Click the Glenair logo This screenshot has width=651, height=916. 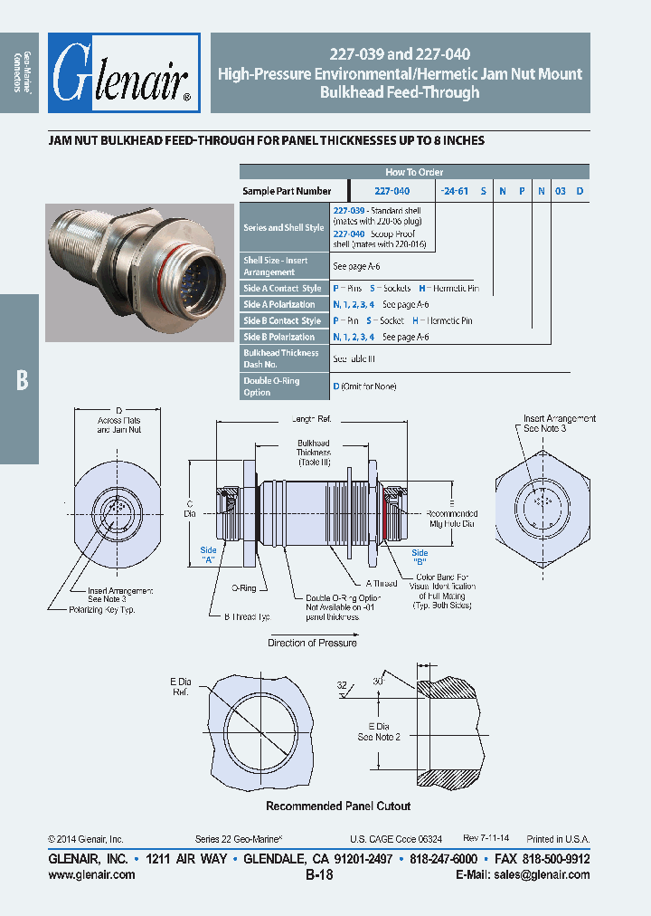(124, 73)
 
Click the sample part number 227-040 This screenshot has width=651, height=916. (392, 191)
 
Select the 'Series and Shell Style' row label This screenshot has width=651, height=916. (283, 227)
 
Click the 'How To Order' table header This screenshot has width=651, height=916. (414, 172)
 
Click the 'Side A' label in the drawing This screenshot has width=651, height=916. (209, 555)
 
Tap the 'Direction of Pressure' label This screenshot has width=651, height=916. (312, 643)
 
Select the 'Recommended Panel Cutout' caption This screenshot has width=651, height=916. (337, 806)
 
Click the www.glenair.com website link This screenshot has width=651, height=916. (91, 874)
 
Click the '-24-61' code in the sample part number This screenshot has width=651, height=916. (454, 191)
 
